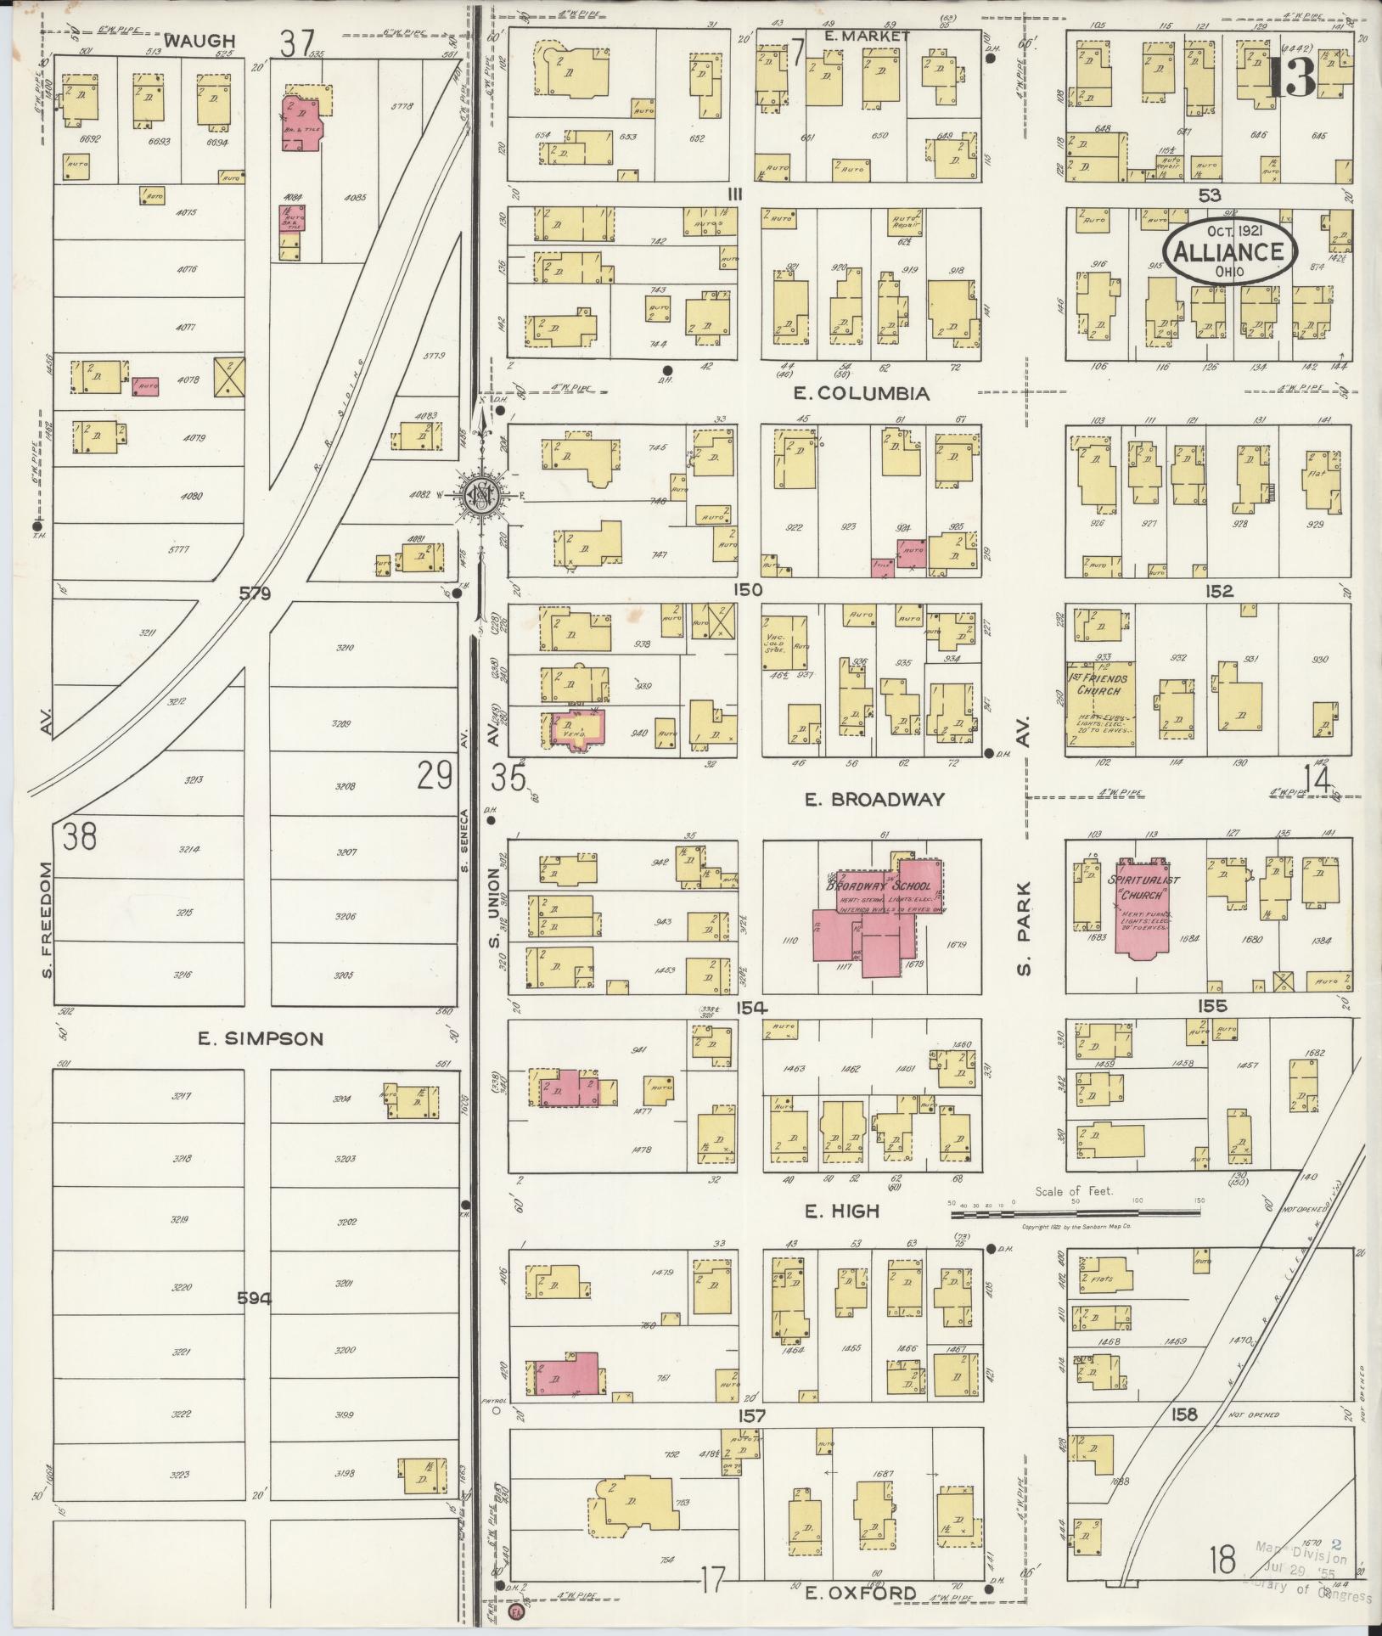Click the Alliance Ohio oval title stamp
click(x=1230, y=251)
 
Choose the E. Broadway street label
click(x=874, y=799)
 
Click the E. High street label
click(x=842, y=1212)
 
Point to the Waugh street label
click(x=189, y=40)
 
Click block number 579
click(x=254, y=593)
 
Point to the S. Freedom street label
click(x=47, y=919)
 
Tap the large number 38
click(x=80, y=837)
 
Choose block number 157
click(x=752, y=1416)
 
